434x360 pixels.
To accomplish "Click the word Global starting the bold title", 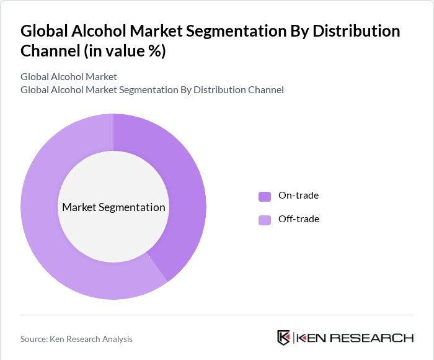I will [43, 31].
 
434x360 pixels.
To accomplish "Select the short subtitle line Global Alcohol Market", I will [68, 77].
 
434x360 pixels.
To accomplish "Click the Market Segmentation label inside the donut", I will [113, 207].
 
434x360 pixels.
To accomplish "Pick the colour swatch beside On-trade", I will [265, 196].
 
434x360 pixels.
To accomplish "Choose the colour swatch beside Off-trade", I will [265, 219].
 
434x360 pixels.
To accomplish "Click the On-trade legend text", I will [298, 196].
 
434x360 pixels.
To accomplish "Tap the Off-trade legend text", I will [298, 219].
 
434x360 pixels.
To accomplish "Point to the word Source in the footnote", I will [34, 339].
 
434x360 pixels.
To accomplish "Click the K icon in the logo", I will [283, 338].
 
